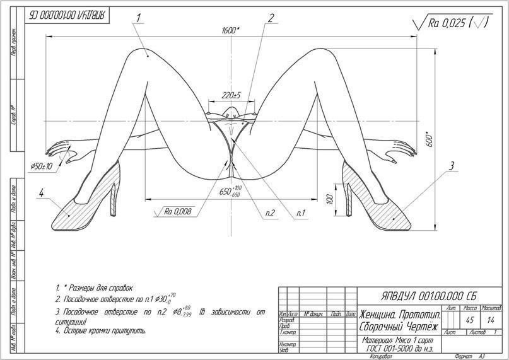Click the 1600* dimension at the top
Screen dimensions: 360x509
(x=230, y=30)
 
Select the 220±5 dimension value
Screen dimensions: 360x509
(x=232, y=95)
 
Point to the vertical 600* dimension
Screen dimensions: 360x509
(x=429, y=139)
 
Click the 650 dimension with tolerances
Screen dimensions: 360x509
(x=225, y=191)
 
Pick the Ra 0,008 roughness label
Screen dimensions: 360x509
(x=178, y=211)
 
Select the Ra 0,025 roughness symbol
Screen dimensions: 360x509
(x=451, y=23)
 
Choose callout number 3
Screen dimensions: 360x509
(x=451, y=166)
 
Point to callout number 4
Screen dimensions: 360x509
(x=42, y=194)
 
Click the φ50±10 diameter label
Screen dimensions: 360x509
(x=42, y=165)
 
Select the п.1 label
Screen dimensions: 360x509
(x=301, y=213)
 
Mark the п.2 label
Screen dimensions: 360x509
(x=270, y=213)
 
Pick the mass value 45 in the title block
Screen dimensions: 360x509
(x=469, y=320)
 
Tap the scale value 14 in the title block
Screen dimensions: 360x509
(x=491, y=320)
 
